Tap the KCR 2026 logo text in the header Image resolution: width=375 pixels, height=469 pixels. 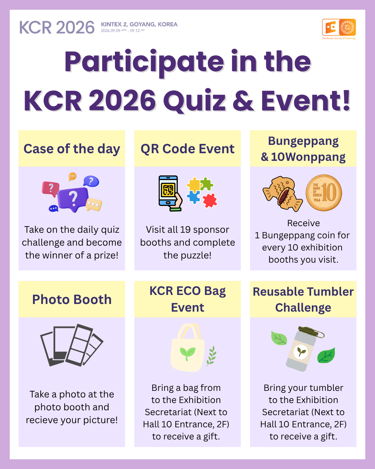click(57, 27)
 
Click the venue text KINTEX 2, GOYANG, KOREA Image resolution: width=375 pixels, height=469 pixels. click(139, 24)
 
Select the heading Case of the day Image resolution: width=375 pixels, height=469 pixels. click(72, 149)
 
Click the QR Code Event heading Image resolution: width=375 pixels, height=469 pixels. click(187, 149)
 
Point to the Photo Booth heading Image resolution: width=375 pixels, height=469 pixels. click(72, 299)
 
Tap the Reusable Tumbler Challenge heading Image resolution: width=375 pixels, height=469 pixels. click(303, 299)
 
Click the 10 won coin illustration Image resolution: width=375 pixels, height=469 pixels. click(324, 193)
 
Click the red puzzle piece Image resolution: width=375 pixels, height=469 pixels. click(210, 200)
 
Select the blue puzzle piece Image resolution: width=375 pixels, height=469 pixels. click(193, 197)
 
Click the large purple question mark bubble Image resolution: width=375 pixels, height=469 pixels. click(73, 198)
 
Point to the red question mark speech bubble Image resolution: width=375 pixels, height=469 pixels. click(51, 189)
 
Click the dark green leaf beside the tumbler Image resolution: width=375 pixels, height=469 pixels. click(326, 356)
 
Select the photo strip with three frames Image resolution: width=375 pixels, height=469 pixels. click(79, 345)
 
